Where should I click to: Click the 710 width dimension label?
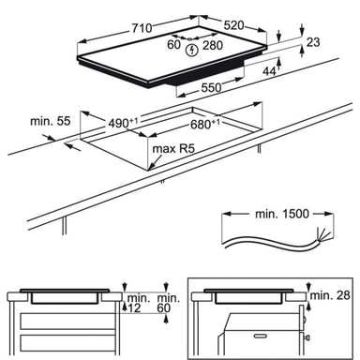(x=142, y=28)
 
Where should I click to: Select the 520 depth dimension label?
(x=233, y=25)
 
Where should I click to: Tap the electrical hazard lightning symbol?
(x=191, y=51)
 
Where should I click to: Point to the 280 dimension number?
(x=213, y=46)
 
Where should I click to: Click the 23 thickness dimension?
(x=313, y=42)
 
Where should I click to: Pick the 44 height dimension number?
(x=269, y=71)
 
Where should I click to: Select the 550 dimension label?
(x=211, y=88)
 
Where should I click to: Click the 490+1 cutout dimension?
(x=123, y=123)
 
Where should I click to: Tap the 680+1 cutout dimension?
(x=205, y=124)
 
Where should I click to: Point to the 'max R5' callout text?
(x=173, y=149)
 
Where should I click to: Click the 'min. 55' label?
(x=51, y=121)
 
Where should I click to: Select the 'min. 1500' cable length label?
(x=282, y=214)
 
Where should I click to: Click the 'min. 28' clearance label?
(x=330, y=295)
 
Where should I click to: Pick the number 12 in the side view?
(x=135, y=308)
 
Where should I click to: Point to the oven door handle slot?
(x=262, y=337)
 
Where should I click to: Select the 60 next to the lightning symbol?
(x=173, y=44)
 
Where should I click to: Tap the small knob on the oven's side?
(x=307, y=337)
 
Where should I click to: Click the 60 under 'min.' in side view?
(x=164, y=308)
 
